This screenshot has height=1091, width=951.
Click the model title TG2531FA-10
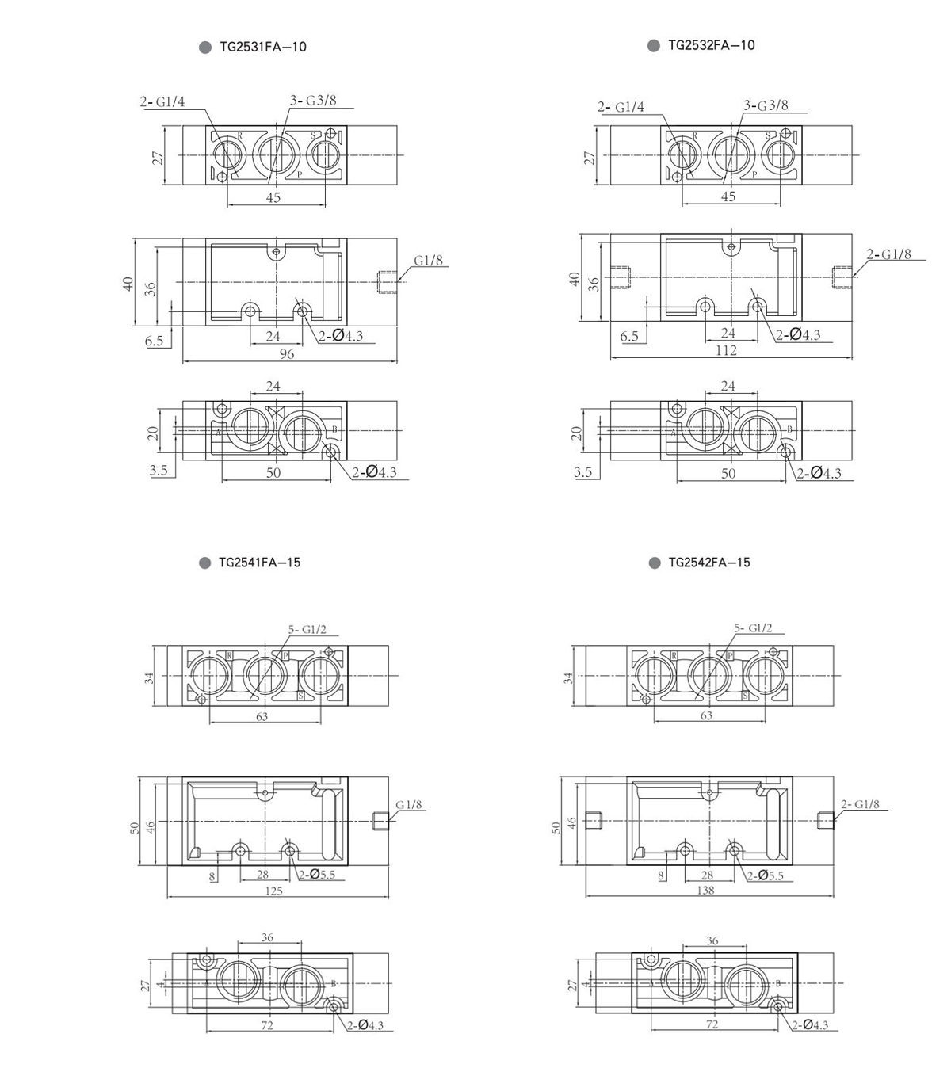pyautogui.click(x=262, y=47)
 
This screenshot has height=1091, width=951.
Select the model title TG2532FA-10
pyautogui.click(x=711, y=45)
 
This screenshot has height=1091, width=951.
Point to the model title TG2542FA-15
pyautogui.click(x=708, y=563)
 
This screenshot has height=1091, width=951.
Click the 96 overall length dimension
pyautogui.click(x=286, y=354)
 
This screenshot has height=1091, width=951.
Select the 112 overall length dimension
pyautogui.click(x=726, y=350)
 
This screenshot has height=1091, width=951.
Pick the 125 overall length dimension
pyautogui.click(x=273, y=891)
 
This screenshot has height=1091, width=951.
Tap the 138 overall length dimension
pyautogui.click(x=705, y=890)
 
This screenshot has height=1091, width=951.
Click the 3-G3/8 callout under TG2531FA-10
pyautogui.click(x=313, y=101)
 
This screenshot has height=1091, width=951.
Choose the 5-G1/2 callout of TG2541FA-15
pyautogui.click(x=307, y=630)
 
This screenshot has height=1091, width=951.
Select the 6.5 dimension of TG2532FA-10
pyautogui.click(x=629, y=336)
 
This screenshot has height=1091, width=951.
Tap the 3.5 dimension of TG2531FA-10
pyautogui.click(x=158, y=471)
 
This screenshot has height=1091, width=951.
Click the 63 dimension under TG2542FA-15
pyautogui.click(x=706, y=715)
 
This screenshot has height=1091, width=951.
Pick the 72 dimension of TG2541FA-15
pyautogui.click(x=267, y=1024)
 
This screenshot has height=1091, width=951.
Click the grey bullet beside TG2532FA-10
pyautogui.click(x=654, y=45)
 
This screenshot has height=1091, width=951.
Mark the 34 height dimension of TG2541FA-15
pyautogui.click(x=147, y=677)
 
